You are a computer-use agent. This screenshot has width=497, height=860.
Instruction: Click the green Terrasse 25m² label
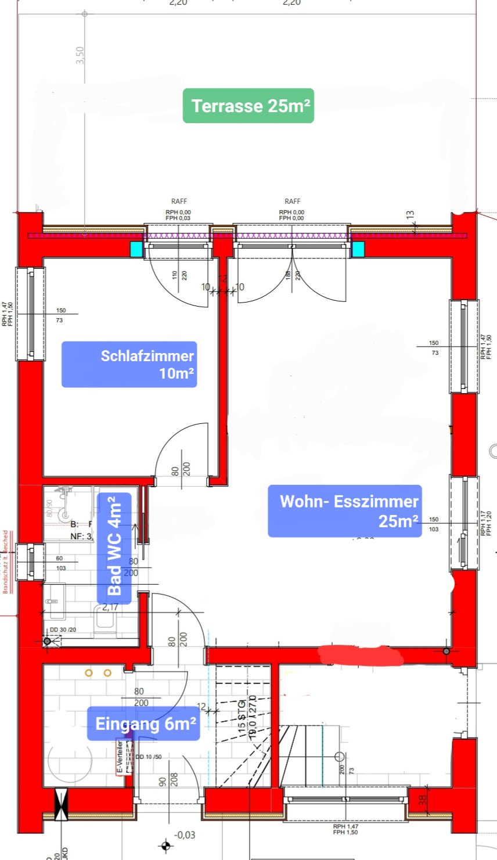click(248, 106)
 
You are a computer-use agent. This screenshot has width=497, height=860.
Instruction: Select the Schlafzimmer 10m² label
click(129, 364)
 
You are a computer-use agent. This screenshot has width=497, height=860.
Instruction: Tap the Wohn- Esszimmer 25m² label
click(345, 511)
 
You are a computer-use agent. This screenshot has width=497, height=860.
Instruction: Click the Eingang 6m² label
click(144, 724)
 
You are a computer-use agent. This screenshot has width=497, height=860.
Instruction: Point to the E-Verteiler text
click(120, 756)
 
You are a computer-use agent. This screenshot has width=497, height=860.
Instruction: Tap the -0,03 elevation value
click(185, 835)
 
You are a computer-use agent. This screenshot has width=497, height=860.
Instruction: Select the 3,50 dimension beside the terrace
click(80, 56)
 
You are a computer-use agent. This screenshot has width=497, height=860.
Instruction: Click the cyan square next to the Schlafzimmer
click(136, 249)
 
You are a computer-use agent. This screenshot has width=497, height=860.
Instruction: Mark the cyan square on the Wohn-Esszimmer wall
click(358, 249)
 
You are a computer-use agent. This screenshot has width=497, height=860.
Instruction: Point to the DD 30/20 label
click(63, 629)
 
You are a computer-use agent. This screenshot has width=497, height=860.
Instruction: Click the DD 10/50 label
click(149, 757)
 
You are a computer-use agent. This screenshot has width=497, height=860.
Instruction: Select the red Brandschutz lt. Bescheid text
click(6, 561)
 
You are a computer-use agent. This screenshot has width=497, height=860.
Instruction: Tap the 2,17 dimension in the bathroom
click(110, 607)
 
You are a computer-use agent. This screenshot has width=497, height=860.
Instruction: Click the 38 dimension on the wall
click(423, 800)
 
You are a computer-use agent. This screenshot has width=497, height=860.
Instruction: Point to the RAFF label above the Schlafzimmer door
click(179, 201)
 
